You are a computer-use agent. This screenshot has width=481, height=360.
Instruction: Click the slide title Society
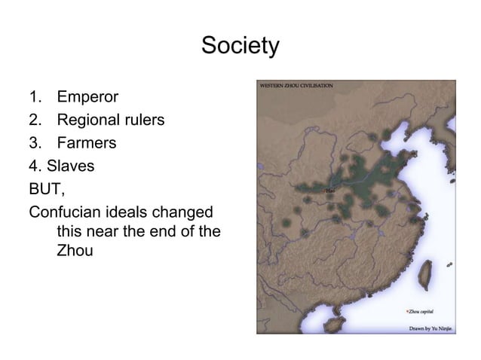point(240,47)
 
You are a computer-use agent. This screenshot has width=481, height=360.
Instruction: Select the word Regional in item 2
point(90,120)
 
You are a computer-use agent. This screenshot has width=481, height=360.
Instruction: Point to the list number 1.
point(33,97)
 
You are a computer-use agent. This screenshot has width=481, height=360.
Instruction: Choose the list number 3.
point(33,142)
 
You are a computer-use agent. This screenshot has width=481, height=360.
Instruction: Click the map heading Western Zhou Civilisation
point(297,87)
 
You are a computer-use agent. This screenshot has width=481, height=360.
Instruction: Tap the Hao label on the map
point(329,192)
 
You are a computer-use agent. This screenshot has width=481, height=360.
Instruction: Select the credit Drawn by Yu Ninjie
point(431,328)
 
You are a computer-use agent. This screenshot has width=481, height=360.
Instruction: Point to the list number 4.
point(33,164)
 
